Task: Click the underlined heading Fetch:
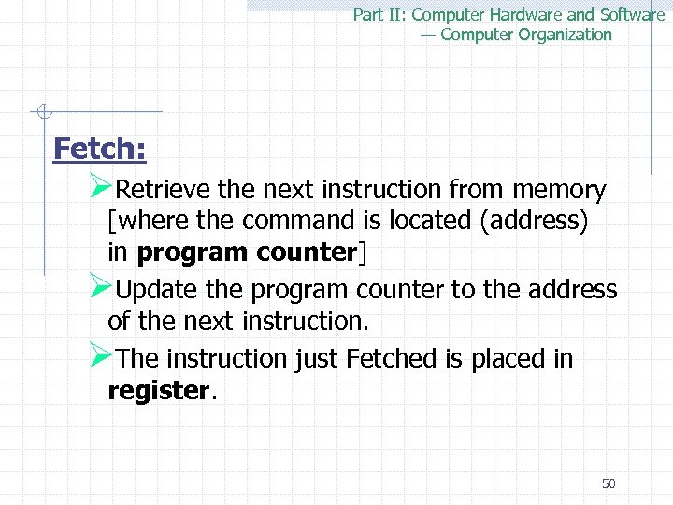(x=100, y=149)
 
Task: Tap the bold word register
(x=158, y=390)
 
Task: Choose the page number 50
(x=609, y=483)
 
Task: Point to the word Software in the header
(x=632, y=15)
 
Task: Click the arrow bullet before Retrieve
(x=101, y=188)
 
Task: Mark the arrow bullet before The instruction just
(x=101, y=356)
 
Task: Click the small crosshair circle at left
(x=41, y=113)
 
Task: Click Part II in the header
(x=379, y=15)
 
